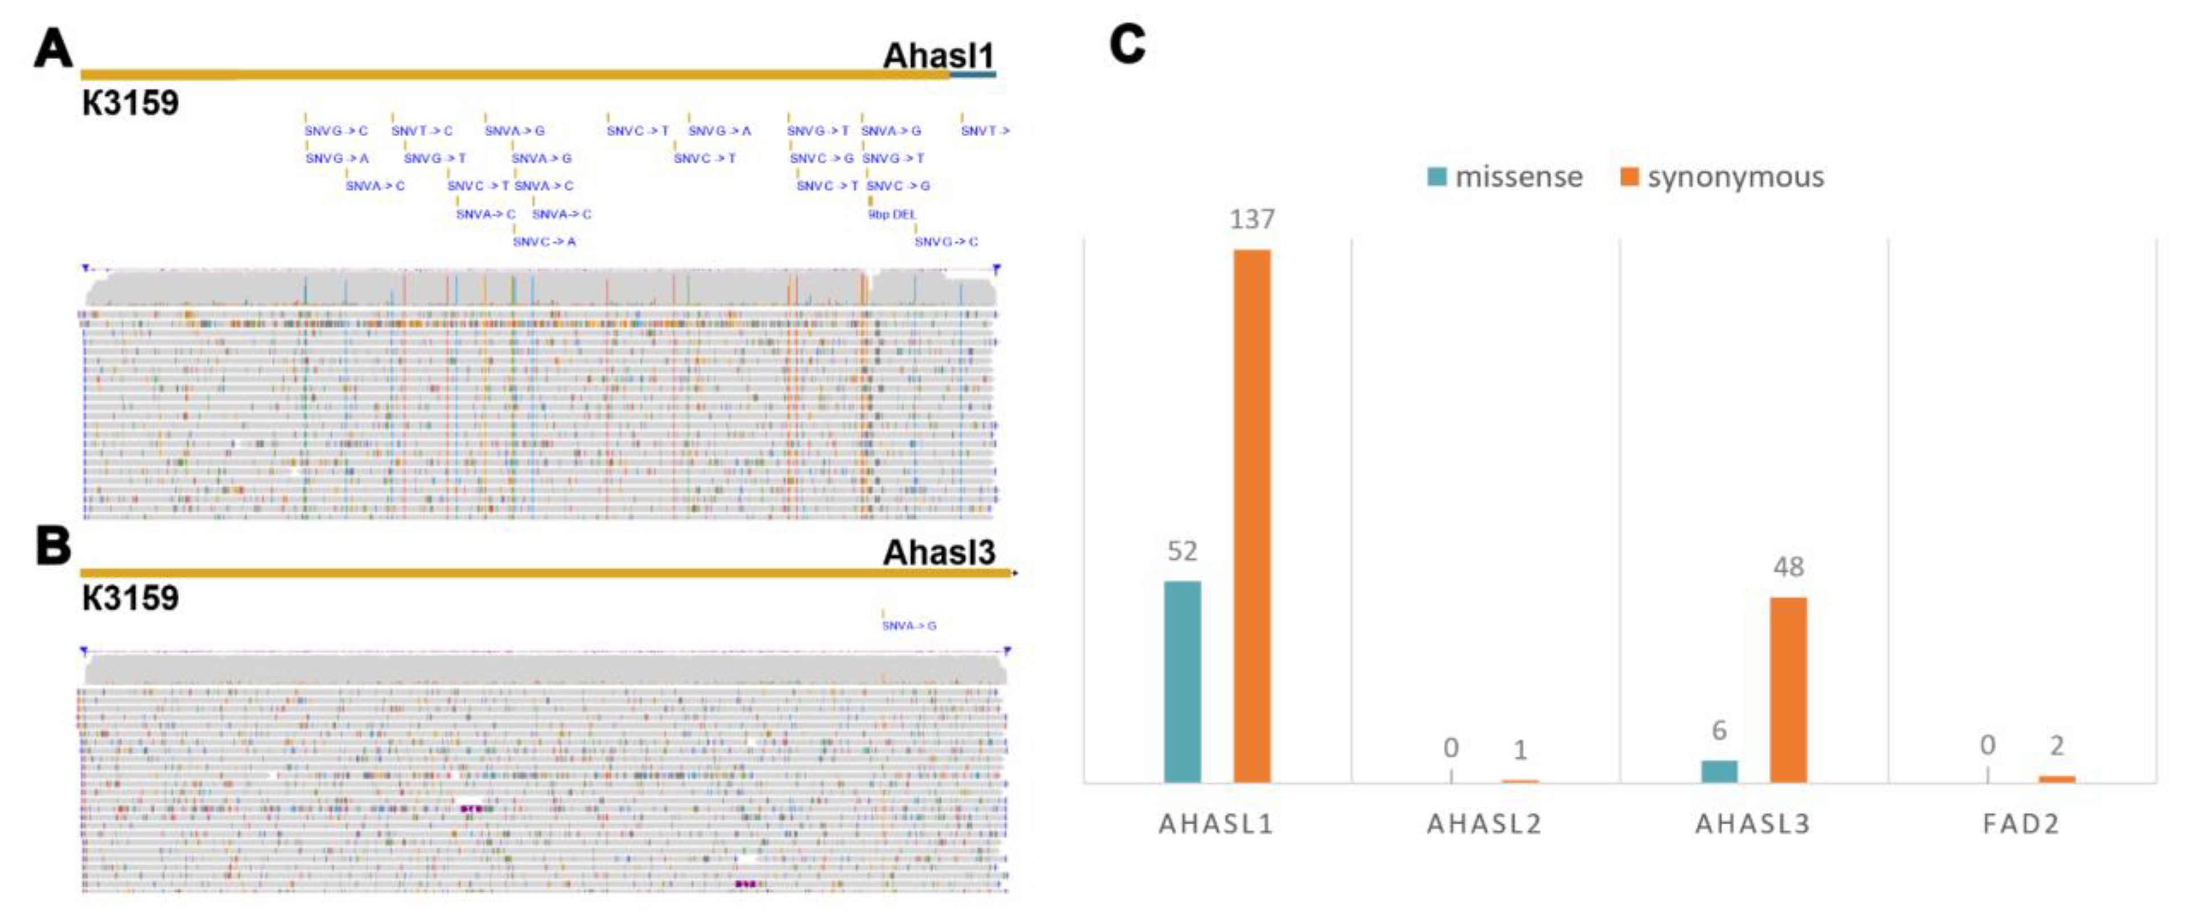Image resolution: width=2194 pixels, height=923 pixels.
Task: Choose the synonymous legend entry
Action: pos(1722,177)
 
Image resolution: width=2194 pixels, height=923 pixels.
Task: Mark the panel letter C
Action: pos(1127,44)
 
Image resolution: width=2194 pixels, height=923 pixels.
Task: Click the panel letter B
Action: pos(53,546)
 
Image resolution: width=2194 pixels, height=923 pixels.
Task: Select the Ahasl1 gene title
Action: pos(938,56)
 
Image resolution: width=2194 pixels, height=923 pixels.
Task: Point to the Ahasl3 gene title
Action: pos(938,553)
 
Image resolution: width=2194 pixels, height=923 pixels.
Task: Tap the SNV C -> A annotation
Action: pos(544,242)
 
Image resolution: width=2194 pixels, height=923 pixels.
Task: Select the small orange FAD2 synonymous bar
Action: pos(2056,779)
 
